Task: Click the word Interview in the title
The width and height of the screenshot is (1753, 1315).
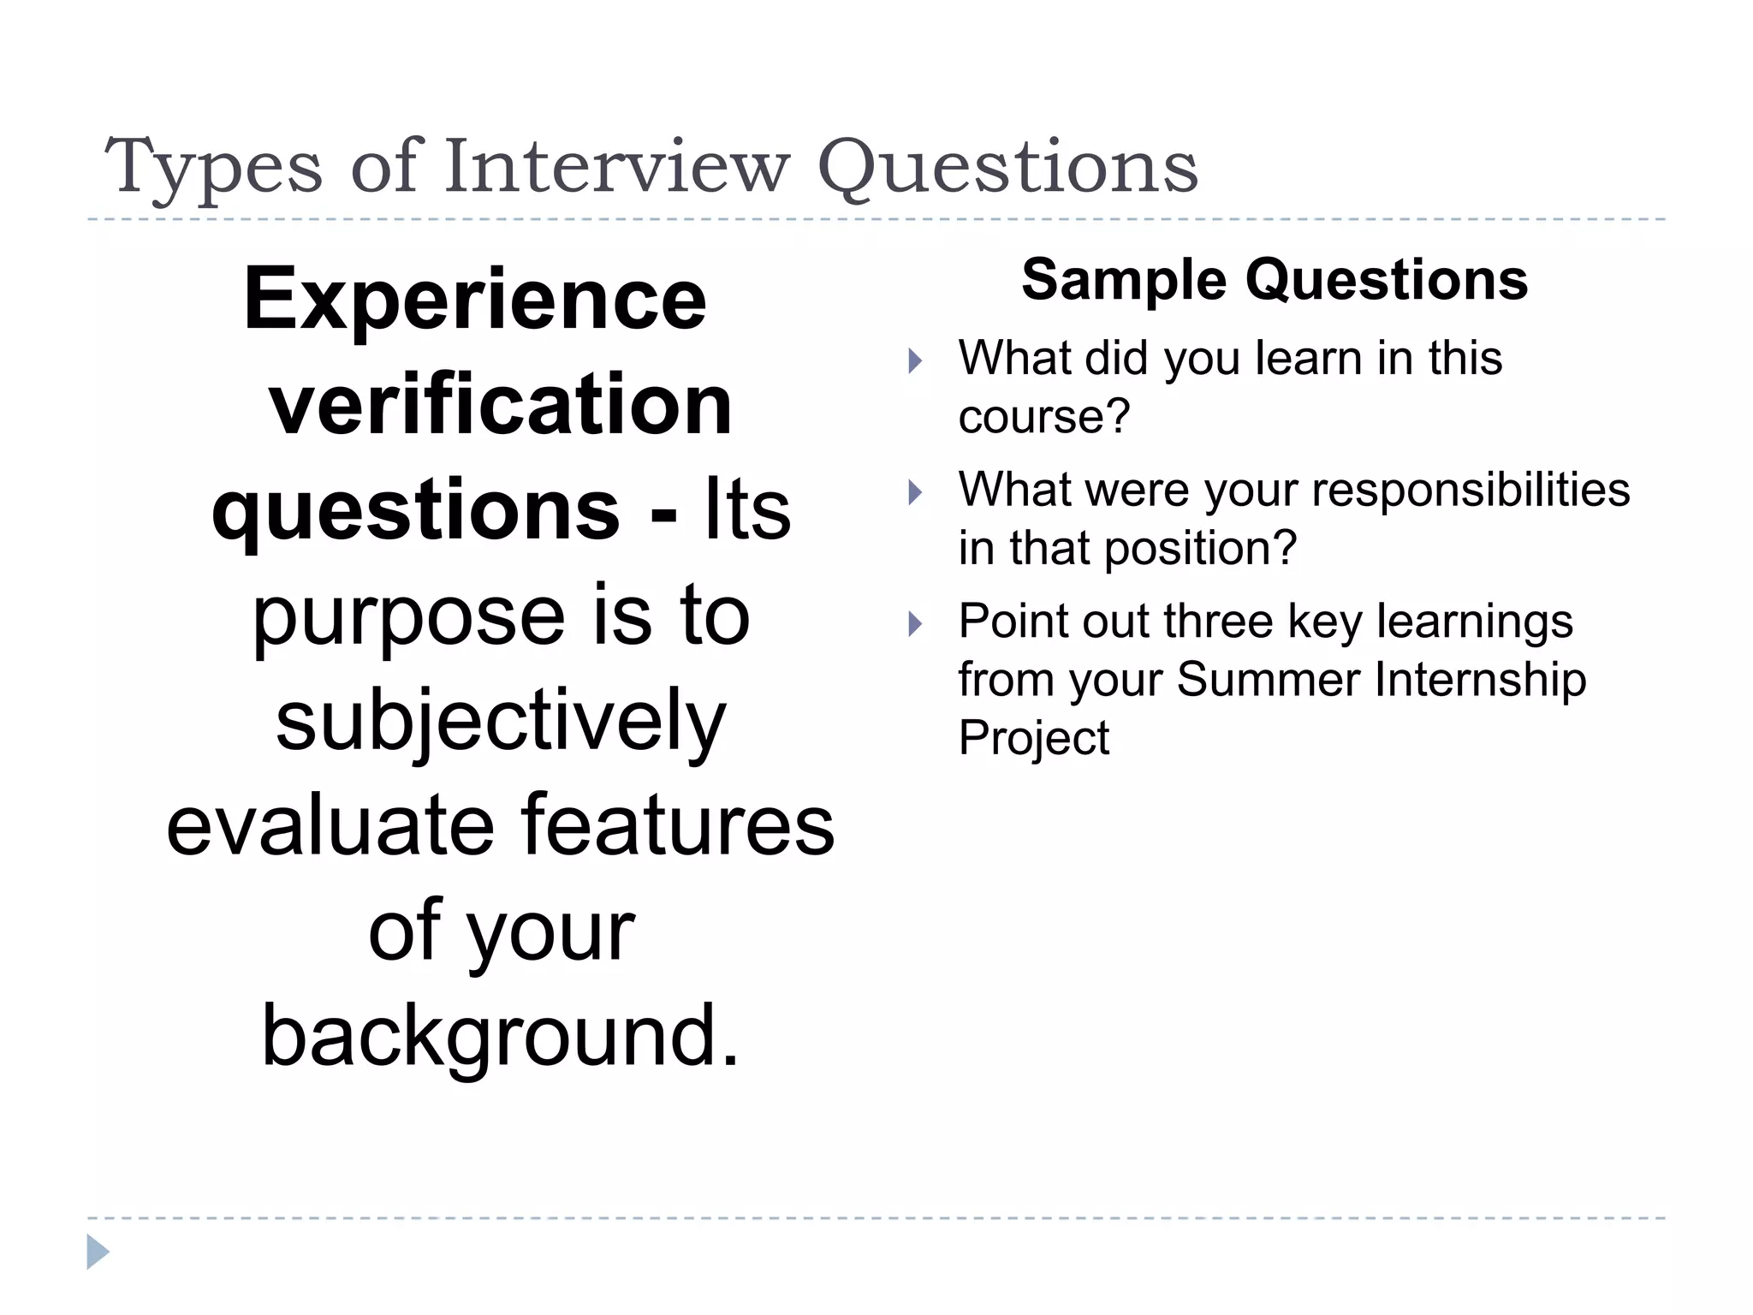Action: click(x=615, y=166)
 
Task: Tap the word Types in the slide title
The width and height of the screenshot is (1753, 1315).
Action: click(x=213, y=168)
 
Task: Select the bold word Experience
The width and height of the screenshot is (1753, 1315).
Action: click(x=475, y=299)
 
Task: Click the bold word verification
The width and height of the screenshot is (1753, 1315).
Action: click(x=501, y=404)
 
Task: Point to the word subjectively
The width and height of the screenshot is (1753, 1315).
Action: click(x=501, y=722)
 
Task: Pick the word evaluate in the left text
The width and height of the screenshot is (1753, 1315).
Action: click(x=330, y=825)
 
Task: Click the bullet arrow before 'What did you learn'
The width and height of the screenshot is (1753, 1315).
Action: click(x=915, y=360)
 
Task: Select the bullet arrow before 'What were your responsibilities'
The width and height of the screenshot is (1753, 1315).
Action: click(x=915, y=492)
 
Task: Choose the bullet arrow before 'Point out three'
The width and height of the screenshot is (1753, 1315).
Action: click(x=915, y=623)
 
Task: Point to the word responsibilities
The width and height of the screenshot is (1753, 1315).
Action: click(x=1470, y=490)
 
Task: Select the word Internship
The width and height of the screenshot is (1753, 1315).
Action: click(x=1481, y=680)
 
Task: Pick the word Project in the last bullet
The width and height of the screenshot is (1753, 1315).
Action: click(x=1033, y=738)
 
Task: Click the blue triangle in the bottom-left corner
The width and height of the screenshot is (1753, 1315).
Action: click(x=97, y=1252)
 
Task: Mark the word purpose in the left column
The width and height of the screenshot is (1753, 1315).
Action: click(x=409, y=616)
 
